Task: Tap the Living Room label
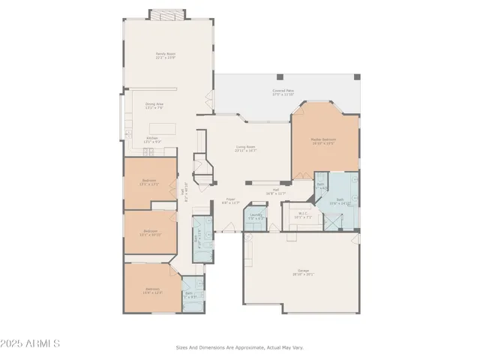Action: point(245,148)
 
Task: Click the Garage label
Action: point(304,272)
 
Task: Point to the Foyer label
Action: point(229,201)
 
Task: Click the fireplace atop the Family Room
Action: point(163,14)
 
